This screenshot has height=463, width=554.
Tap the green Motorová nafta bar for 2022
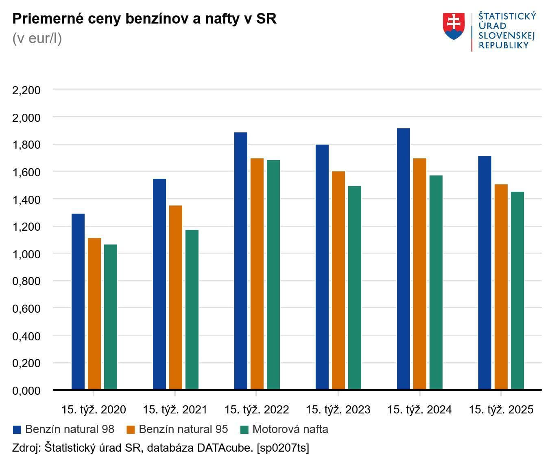click(x=273, y=275)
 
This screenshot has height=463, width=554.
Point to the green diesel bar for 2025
click(x=517, y=290)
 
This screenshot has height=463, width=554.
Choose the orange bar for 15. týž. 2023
click(x=338, y=280)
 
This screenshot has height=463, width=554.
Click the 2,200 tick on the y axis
click(x=26, y=90)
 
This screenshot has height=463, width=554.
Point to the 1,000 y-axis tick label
click(x=26, y=254)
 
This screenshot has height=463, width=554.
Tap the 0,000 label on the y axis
click(x=26, y=391)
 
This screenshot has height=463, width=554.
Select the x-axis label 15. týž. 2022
click(x=257, y=410)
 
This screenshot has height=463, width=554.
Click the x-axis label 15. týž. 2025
click(x=501, y=410)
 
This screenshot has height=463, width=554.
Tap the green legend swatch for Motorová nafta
click(x=244, y=430)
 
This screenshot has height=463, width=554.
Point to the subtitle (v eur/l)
click(x=37, y=38)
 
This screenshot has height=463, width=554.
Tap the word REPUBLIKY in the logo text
click(x=504, y=45)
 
